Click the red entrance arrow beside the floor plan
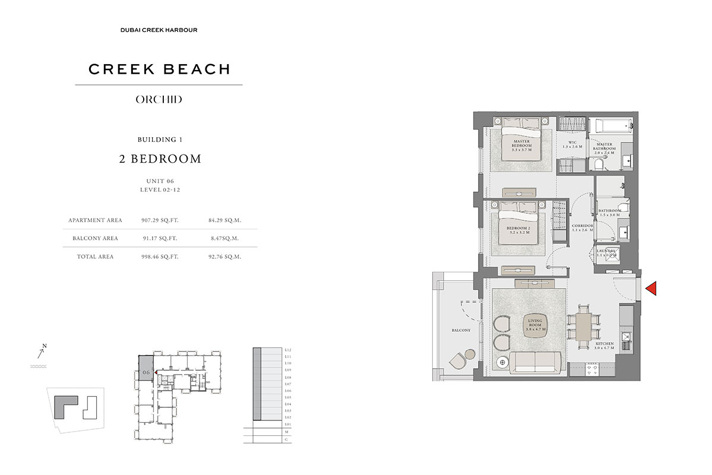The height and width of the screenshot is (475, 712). (650, 289)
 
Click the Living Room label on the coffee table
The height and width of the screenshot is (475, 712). (535, 324)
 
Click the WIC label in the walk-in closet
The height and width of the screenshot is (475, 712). (572, 145)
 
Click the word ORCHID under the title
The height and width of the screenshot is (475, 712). (159, 100)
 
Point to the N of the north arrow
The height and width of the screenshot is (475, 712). (45, 346)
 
